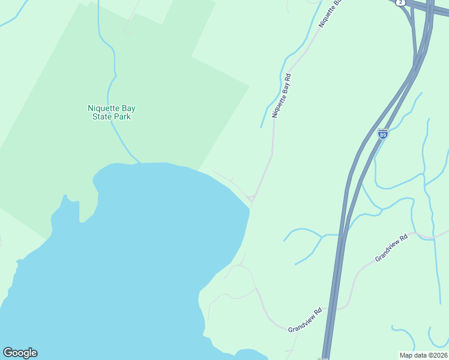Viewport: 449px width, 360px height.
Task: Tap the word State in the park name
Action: point(102,116)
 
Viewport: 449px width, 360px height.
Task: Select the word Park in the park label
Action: point(122,116)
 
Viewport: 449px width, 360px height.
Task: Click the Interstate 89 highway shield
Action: point(382,134)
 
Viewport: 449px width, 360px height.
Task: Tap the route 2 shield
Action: point(400,3)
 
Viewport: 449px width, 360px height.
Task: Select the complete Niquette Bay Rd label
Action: point(281,95)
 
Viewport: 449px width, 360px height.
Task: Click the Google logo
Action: point(20,353)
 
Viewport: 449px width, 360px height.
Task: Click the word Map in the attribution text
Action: point(407,355)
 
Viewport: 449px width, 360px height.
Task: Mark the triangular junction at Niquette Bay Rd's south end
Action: point(252,198)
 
